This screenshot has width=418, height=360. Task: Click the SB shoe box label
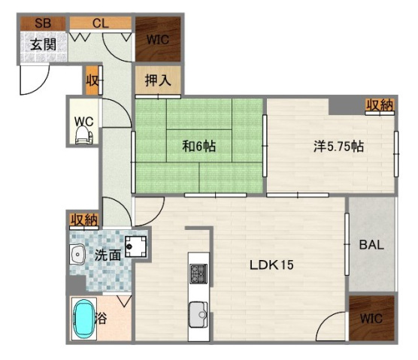tap(43, 23)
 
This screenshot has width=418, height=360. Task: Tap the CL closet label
tap(101, 23)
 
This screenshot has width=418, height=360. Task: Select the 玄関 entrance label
tap(43, 44)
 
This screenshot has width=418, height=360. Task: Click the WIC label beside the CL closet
tap(158, 40)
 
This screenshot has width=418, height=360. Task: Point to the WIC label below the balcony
tap(371, 319)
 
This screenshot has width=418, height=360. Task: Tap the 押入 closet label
tap(158, 80)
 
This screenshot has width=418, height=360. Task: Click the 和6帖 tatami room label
tap(199, 146)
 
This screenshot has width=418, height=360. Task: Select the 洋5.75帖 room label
tap(338, 147)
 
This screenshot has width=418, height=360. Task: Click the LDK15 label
tap(271, 265)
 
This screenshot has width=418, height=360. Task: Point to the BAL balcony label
tap(371, 244)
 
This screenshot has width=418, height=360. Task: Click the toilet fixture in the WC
tap(83, 135)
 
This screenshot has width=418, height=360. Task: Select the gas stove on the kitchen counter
tap(198, 274)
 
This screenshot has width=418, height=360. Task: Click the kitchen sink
tap(198, 314)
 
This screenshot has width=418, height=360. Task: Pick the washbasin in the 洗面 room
tap(77, 255)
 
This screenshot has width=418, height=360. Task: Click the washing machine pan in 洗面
tap(135, 247)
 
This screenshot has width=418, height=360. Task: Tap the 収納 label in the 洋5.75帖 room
tap(380, 105)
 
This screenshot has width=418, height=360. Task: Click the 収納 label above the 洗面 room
tap(84, 220)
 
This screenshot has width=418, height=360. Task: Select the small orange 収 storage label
tap(92, 80)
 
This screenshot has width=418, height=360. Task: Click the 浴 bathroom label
tap(101, 318)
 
